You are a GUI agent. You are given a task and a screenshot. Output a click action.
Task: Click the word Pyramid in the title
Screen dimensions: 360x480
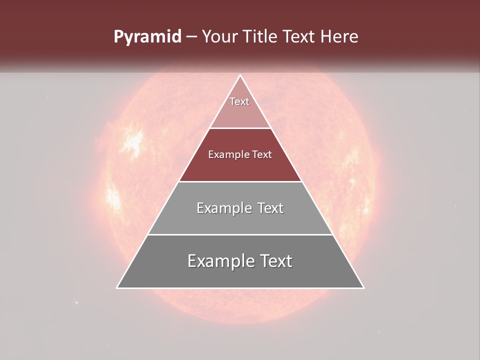[147, 37]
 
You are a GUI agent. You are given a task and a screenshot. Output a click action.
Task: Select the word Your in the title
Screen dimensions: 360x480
[220, 36]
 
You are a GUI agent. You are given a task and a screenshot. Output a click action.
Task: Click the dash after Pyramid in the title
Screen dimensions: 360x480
[191, 37]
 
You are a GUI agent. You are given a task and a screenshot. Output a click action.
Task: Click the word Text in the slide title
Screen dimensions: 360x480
[299, 36]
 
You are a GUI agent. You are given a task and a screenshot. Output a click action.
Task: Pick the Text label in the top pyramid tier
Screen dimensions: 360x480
[239, 101]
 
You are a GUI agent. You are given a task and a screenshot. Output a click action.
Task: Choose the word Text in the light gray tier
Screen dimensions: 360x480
[269, 208]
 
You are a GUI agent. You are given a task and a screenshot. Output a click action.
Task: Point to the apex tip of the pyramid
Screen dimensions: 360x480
[240, 75]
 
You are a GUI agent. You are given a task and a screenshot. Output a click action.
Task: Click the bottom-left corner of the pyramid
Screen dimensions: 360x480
[117, 287]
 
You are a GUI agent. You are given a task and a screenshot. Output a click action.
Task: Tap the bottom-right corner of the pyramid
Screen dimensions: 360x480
[363, 287]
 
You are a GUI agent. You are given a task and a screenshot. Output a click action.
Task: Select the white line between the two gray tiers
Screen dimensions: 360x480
[240, 234]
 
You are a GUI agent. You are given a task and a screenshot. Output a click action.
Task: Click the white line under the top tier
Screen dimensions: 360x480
[240, 128]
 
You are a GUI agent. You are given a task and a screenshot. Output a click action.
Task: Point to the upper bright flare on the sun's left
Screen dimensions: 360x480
[133, 142]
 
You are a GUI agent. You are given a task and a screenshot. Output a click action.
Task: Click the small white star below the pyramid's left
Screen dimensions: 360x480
[76, 302]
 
